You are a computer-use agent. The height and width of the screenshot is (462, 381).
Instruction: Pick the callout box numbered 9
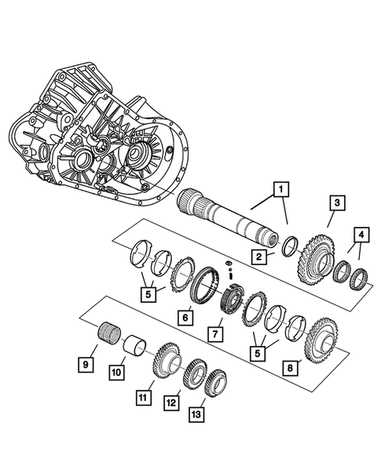82,363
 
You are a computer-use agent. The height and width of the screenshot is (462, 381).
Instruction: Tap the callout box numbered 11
142,398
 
